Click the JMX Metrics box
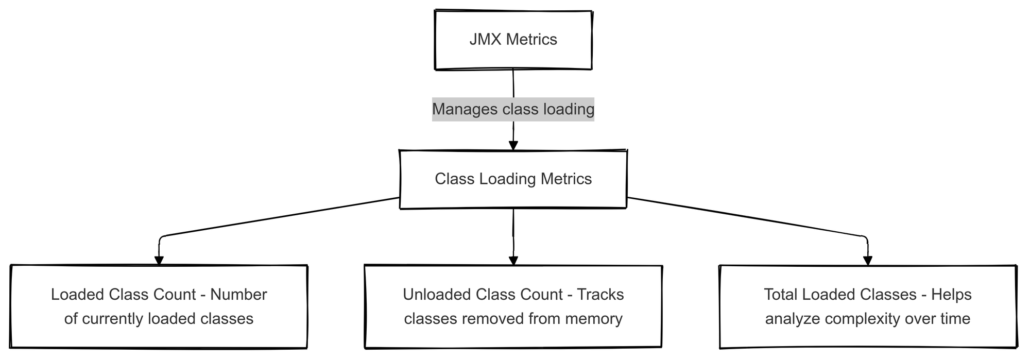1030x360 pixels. pyautogui.click(x=513, y=40)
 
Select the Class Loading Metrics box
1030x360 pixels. pyautogui.click(x=513, y=179)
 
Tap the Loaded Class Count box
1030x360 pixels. pyautogui.click(x=159, y=306)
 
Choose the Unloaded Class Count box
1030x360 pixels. pyautogui.click(x=513, y=306)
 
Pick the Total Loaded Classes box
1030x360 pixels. pyautogui.click(x=868, y=306)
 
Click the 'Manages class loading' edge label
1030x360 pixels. pyautogui.click(x=513, y=109)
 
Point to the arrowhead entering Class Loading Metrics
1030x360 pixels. pyautogui.click(x=513, y=146)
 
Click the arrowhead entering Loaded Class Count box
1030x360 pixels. pyautogui.click(x=159, y=260)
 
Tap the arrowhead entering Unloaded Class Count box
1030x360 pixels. pyautogui.click(x=513, y=260)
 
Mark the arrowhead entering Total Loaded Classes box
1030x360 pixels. pyautogui.click(x=868, y=260)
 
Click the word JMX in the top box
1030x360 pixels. pyautogui.click(x=485, y=40)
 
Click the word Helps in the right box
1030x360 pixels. pyautogui.click(x=952, y=295)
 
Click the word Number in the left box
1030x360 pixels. pyautogui.click(x=238, y=295)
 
